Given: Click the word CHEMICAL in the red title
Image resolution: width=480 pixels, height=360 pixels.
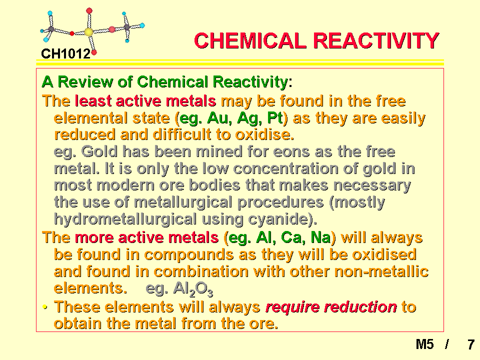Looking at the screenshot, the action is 250,40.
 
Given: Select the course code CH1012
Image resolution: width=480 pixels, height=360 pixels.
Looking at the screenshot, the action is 66,54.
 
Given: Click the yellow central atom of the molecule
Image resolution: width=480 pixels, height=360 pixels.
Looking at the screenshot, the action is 89,32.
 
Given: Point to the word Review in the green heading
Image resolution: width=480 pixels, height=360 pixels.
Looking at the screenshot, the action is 85,81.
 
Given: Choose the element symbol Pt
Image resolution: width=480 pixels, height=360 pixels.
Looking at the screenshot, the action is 275,118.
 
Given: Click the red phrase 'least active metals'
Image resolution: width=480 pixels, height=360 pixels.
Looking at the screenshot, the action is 145,101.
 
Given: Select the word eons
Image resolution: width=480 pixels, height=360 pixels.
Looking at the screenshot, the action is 291,152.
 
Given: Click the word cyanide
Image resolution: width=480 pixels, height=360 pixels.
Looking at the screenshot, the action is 278,219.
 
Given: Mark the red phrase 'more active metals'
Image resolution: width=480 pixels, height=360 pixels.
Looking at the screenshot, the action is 146,237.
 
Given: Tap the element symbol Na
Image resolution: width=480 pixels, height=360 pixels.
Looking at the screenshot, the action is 320,237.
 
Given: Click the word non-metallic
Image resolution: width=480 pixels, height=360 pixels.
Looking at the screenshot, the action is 381,271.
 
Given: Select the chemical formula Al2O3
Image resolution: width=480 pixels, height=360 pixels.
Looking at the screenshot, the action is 193,289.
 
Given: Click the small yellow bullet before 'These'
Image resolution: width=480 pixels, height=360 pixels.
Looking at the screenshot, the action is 45,306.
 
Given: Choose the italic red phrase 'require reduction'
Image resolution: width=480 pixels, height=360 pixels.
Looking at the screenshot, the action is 331,307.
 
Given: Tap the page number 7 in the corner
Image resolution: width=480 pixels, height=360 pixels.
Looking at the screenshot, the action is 471,344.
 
